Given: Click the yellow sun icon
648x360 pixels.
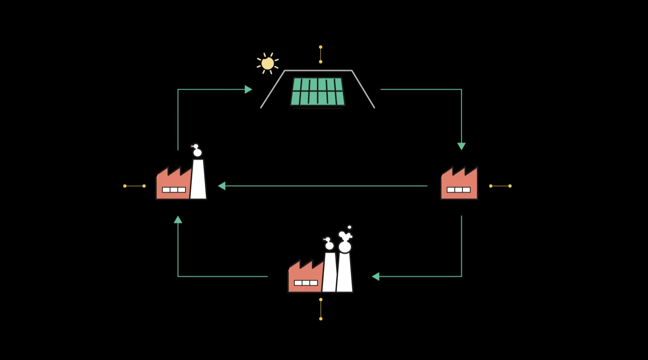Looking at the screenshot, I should coord(267,64).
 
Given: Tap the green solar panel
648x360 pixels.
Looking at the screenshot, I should coord(318,92).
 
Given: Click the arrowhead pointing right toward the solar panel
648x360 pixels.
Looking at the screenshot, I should coord(248,89).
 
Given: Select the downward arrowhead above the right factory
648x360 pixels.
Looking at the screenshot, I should coord(461,146).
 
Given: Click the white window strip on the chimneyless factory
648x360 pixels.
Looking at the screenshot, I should coord(458,190).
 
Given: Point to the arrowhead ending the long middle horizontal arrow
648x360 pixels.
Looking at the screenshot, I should coord(222,186).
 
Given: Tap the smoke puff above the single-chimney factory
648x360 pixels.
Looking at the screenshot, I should coord(197,151).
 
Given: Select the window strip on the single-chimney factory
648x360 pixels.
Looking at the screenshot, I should coord(174,190).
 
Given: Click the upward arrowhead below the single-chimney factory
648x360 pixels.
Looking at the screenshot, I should coord(178,219).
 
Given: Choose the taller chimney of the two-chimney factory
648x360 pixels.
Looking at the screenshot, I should coord(345,272).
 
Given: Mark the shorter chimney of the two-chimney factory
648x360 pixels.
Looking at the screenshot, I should coord(329,272).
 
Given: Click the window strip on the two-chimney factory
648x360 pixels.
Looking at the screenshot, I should coord(306,283).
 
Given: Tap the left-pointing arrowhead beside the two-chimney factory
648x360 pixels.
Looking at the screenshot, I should coord(376,277).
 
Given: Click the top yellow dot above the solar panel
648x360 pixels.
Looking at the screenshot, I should coord(320,47).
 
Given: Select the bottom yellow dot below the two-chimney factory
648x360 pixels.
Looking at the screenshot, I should coord(321,319).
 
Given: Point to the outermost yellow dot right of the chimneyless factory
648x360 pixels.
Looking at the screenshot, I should coord(510,186).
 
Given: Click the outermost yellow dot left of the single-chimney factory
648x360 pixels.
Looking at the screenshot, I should coord(125,186).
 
